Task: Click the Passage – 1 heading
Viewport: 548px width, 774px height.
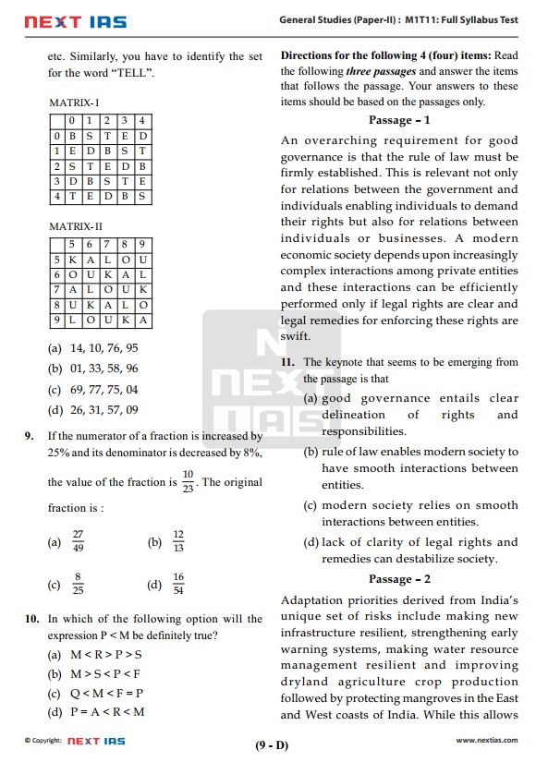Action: point(399,120)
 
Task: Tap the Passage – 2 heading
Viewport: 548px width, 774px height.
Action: point(399,579)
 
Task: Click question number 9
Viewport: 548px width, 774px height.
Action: point(30,435)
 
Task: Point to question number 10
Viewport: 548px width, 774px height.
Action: point(30,619)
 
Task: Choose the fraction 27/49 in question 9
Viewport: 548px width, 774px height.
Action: point(78,542)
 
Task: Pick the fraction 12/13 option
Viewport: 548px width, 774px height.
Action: point(178,542)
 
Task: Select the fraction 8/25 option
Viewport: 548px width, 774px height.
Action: point(78,584)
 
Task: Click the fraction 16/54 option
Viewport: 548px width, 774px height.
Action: point(178,584)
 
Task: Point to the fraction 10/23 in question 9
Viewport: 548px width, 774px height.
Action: point(188,481)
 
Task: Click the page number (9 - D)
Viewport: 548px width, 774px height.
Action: point(272,745)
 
